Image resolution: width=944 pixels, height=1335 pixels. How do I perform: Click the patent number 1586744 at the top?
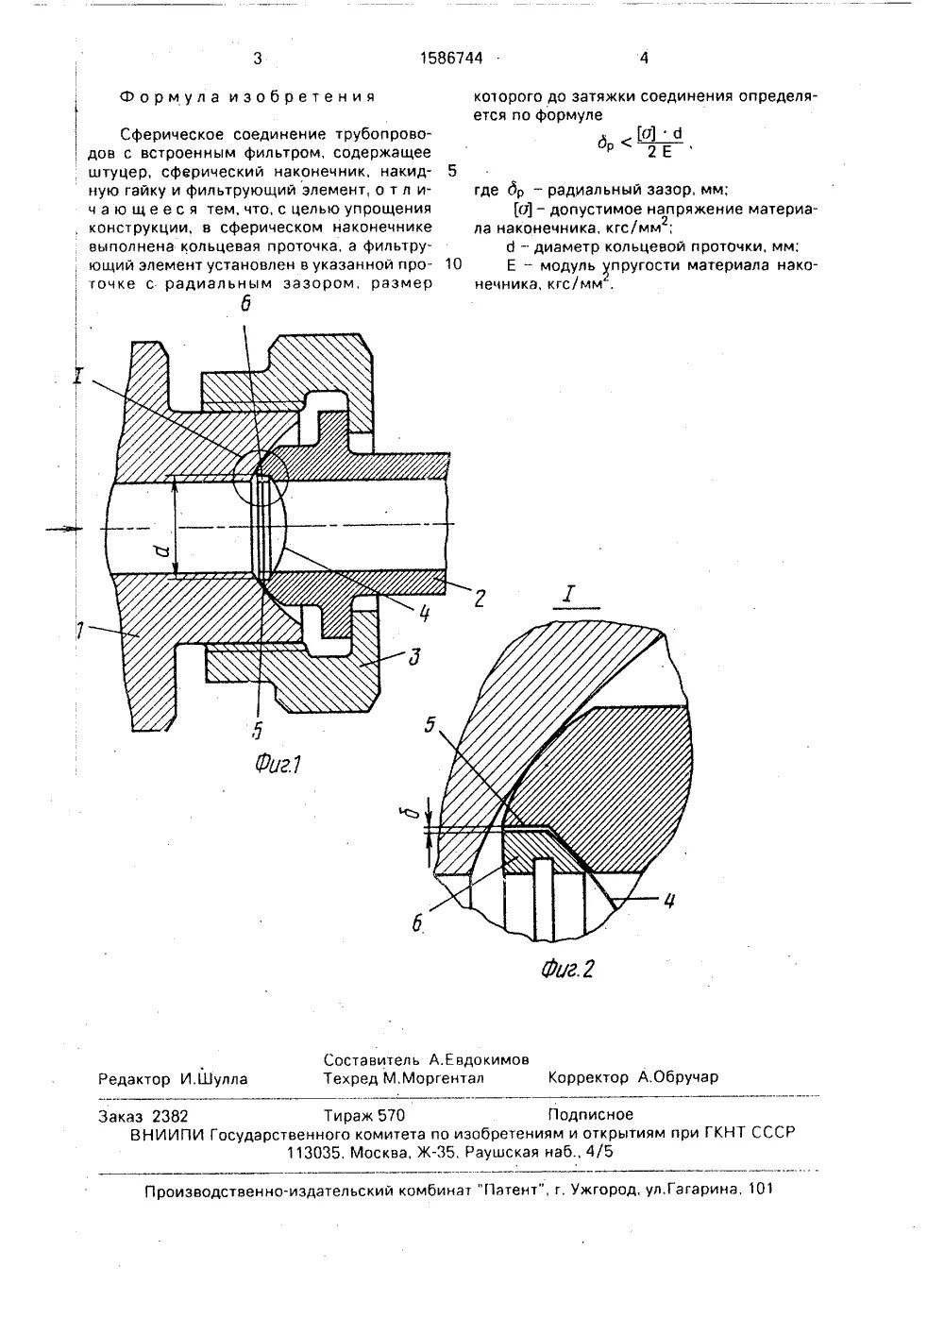(x=451, y=59)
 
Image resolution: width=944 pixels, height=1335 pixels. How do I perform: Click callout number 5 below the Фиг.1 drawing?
(x=257, y=729)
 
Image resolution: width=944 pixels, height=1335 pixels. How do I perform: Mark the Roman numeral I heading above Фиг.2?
(x=568, y=596)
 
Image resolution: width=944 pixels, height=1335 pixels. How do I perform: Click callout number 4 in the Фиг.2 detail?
(x=667, y=901)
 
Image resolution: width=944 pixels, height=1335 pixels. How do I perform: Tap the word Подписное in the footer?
(x=589, y=1114)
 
